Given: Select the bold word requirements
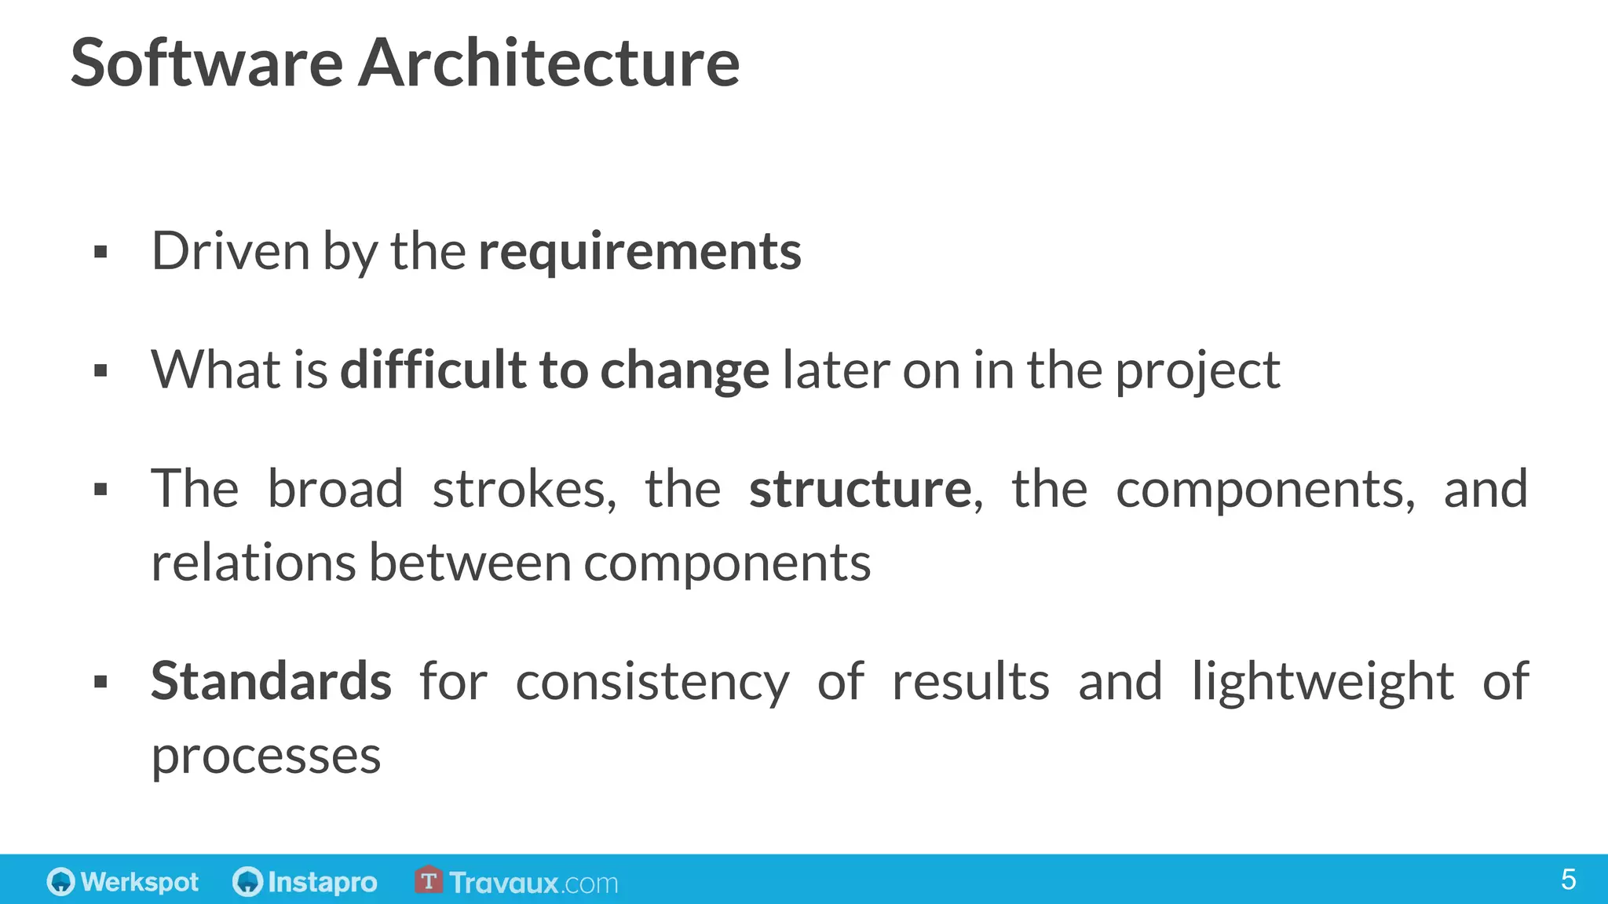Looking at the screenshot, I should tap(640, 252).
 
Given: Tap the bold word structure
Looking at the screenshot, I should tap(861, 489).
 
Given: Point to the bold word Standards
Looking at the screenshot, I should tap(271, 680).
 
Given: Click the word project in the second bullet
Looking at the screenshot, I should tap(1198, 370).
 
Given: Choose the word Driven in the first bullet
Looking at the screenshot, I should tap(231, 252).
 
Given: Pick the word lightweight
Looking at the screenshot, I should tap(1323, 680).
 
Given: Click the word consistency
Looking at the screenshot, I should tap(652, 682).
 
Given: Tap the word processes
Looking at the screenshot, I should tap(266, 756).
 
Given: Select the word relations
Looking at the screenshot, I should tap(254, 563).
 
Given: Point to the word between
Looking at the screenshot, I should tap(470, 563).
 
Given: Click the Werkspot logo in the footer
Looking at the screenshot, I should tap(123, 882).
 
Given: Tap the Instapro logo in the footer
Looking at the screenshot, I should tap(305, 882).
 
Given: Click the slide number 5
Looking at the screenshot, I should tap(1568, 880).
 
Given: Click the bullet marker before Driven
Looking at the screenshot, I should tap(100, 253).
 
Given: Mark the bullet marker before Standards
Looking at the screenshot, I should tap(100, 682).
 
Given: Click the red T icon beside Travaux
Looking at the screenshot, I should tap(429, 880).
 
